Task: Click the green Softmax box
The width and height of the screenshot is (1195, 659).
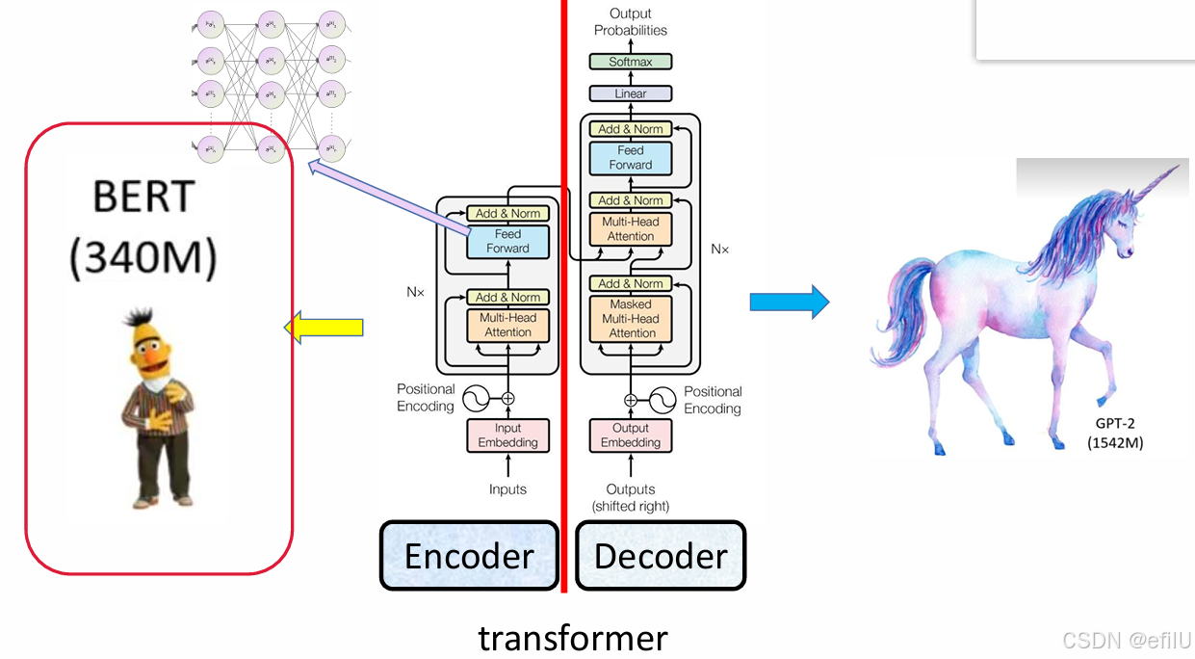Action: click(631, 62)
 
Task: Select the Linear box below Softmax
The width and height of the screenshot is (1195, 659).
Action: click(631, 93)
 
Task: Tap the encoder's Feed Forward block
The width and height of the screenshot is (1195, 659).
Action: click(507, 242)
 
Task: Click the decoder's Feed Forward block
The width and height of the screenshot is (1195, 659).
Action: click(631, 158)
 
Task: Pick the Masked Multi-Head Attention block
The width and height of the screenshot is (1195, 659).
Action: click(632, 319)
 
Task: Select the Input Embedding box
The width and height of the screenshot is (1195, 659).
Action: click(507, 435)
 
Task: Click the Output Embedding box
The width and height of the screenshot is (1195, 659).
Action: click(631, 435)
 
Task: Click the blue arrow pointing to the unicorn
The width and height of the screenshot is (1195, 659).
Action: click(789, 302)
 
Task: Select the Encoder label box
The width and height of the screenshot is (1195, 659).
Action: click(469, 556)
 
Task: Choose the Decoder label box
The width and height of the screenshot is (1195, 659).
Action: click(661, 556)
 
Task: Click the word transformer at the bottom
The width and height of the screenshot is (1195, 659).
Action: click(572, 638)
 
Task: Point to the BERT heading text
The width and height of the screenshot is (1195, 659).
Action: click(143, 198)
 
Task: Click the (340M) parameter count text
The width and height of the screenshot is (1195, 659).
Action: click(143, 257)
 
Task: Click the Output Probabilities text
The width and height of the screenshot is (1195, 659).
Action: click(631, 21)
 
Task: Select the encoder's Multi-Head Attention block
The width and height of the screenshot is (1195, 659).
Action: click(507, 325)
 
